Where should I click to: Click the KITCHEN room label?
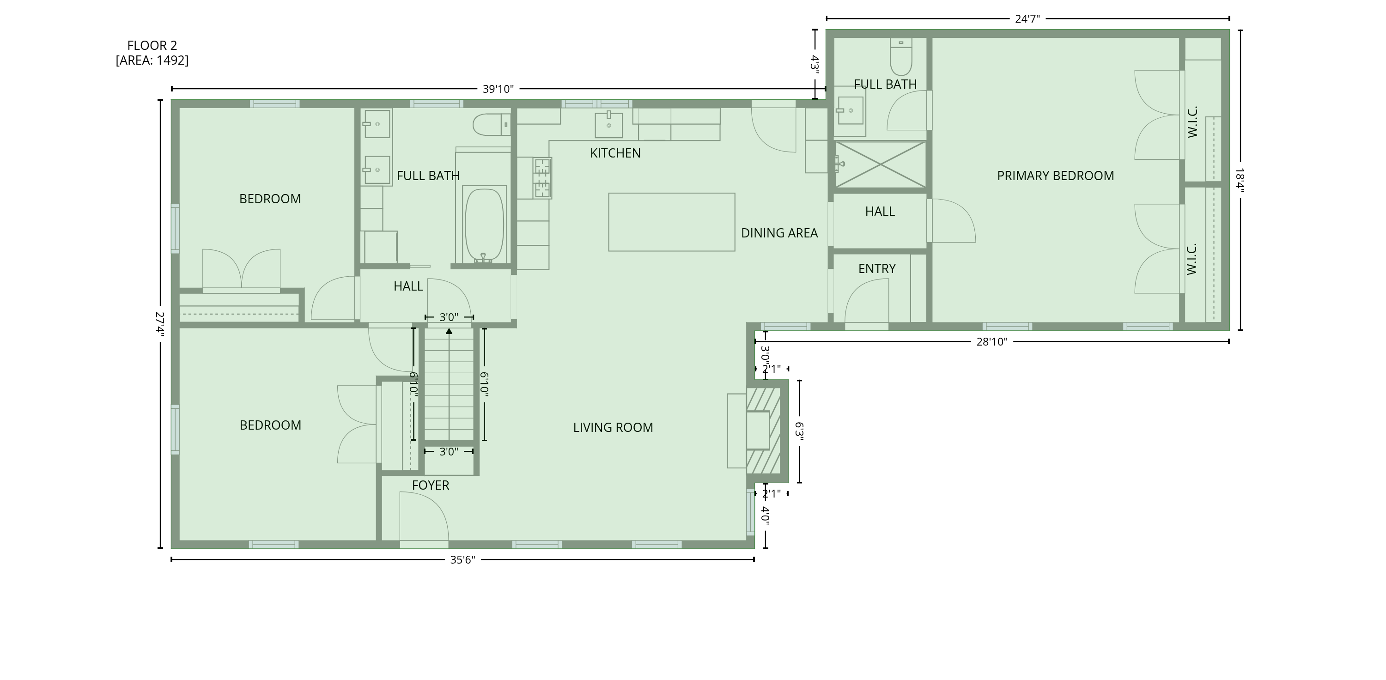pyautogui.click(x=615, y=153)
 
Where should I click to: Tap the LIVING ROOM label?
pyautogui.click(x=613, y=428)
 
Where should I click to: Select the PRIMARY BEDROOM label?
pyautogui.click(x=1055, y=176)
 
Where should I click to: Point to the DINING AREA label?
pyautogui.click(x=779, y=233)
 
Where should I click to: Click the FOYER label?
pyautogui.click(x=431, y=485)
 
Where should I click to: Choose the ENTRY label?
pyautogui.click(x=876, y=269)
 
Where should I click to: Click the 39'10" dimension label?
pyautogui.click(x=498, y=89)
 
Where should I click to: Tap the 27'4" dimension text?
pyautogui.click(x=160, y=324)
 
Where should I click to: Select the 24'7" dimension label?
pyautogui.click(x=1027, y=19)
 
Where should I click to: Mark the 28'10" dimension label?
pyautogui.click(x=991, y=341)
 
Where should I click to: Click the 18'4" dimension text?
pyautogui.click(x=1240, y=180)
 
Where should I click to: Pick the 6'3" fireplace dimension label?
pyautogui.click(x=800, y=431)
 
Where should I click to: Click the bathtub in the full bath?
pyautogui.click(x=484, y=225)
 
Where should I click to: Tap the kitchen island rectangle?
pyautogui.click(x=671, y=222)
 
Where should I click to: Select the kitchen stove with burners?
pyautogui.click(x=542, y=178)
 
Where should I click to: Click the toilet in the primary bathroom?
pyautogui.click(x=901, y=56)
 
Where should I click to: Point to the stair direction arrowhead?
pyautogui.click(x=449, y=331)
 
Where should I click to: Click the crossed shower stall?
pyautogui.click(x=880, y=164)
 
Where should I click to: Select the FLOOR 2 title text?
pyautogui.click(x=152, y=46)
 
